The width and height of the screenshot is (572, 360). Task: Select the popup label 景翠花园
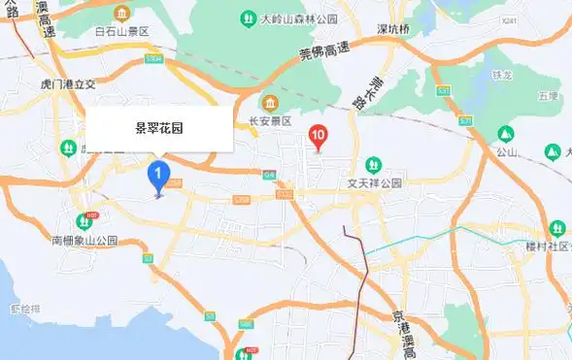pos(159,127)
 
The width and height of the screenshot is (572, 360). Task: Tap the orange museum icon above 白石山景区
pos(122,14)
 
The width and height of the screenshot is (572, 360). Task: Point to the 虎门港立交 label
pos(64,84)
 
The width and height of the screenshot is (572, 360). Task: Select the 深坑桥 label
pos(394,29)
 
